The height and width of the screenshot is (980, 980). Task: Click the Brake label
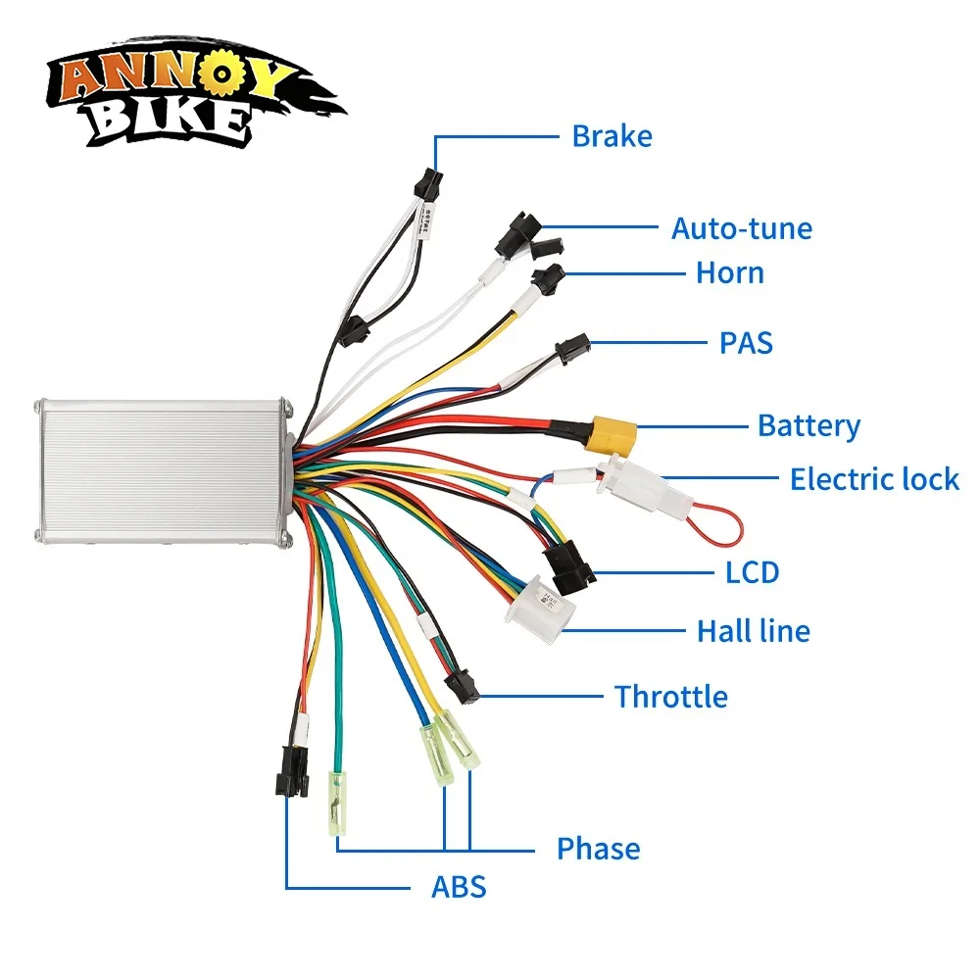(x=612, y=135)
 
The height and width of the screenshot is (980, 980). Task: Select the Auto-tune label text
(x=741, y=228)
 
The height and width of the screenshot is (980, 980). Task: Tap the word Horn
(x=729, y=271)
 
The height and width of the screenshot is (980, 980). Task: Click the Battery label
(x=808, y=425)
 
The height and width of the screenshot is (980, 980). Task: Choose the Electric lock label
(x=874, y=479)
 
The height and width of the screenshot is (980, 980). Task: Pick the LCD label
(x=752, y=571)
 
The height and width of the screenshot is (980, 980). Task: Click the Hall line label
(x=753, y=630)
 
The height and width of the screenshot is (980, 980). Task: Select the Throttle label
(x=670, y=697)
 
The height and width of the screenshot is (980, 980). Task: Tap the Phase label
(x=598, y=848)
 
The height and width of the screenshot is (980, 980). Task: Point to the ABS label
(x=459, y=888)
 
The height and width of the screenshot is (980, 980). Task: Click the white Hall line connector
(x=534, y=601)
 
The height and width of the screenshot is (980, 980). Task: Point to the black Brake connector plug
(x=427, y=181)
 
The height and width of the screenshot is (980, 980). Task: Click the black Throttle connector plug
(x=461, y=685)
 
